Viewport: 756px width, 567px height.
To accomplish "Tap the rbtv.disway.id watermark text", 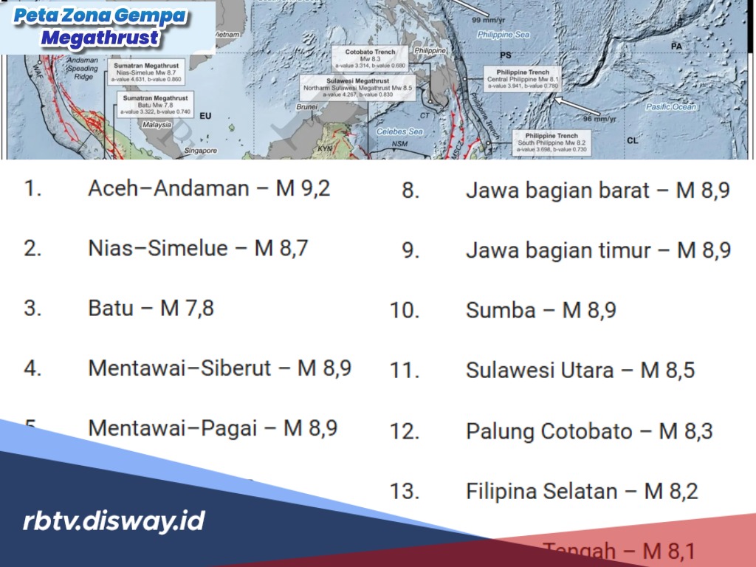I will tap(114, 521).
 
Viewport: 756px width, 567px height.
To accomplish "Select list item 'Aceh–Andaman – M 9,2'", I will tap(209, 188).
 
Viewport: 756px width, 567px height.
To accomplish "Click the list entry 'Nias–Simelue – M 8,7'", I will tap(198, 248).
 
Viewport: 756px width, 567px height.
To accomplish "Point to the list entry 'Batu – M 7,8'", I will tap(151, 308).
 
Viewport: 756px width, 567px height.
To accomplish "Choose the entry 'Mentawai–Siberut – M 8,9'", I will tap(219, 368).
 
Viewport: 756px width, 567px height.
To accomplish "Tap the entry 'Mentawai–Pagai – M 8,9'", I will tap(213, 427).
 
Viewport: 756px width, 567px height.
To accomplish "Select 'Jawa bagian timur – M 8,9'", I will tap(598, 250).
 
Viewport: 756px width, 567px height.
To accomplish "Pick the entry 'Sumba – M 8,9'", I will tap(540, 310).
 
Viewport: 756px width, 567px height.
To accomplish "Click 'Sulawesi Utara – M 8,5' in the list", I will tap(580, 370).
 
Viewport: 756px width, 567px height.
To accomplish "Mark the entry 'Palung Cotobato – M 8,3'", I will tap(589, 430).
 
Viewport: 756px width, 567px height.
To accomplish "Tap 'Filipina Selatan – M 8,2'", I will tap(582, 490).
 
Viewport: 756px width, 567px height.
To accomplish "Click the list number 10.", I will tap(405, 311).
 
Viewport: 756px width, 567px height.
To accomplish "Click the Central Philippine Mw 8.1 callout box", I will tap(523, 79).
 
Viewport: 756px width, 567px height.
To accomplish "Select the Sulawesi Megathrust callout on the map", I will tap(357, 88).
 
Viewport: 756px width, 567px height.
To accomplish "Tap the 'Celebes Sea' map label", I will tap(399, 131).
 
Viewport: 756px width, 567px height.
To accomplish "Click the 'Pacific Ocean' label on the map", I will tap(670, 107).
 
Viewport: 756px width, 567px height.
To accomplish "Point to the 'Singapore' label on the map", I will tap(201, 150).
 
